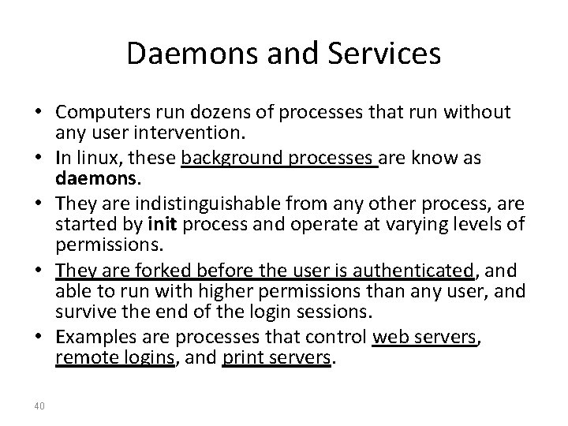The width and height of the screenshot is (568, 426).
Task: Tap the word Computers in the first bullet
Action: pos(95,114)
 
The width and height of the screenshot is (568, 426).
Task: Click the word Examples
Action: pos(89,338)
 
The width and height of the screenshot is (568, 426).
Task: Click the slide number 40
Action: pos(39,405)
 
